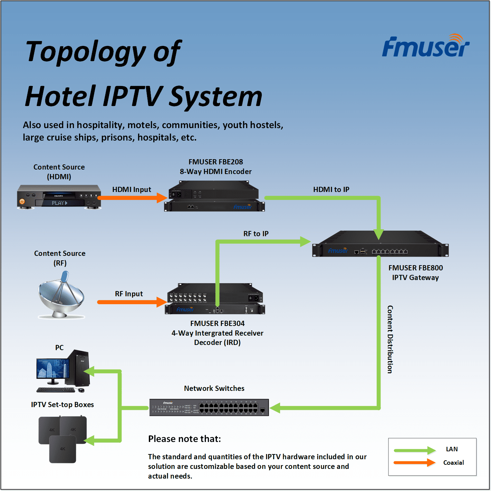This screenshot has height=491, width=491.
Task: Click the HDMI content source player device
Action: tap(59, 197)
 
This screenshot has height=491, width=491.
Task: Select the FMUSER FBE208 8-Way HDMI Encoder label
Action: tap(215, 167)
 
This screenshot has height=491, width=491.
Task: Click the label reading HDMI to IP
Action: tap(331, 190)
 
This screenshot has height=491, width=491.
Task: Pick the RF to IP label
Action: tap(256, 234)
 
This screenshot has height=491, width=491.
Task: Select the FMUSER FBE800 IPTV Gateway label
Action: tap(415, 273)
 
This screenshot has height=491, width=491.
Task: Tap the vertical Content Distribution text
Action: tap(390, 339)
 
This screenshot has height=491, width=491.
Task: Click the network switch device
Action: tap(209, 407)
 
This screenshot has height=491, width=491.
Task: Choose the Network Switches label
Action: tap(214, 388)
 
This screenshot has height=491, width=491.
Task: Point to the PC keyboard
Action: tap(56, 390)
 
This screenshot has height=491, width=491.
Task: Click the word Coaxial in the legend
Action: tap(453, 463)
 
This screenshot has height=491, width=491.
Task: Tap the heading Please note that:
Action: tap(184, 439)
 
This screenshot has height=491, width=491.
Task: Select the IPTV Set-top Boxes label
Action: tap(62, 405)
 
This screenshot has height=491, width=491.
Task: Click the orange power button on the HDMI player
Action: tap(22, 201)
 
